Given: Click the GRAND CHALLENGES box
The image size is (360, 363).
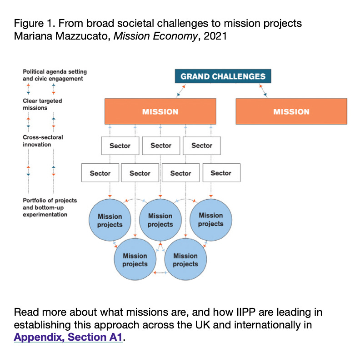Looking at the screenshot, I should pyautogui.click(x=223, y=76).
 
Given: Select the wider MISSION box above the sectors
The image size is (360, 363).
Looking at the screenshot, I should pyautogui.click(x=160, y=111).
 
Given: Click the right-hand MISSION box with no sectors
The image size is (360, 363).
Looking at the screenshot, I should pyautogui.click(x=291, y=111).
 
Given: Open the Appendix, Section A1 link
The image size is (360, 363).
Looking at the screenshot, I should pyautogui.click(x=69, y=338).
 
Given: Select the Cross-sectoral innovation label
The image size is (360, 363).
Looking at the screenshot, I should pyautogui.click(x=43, y=141).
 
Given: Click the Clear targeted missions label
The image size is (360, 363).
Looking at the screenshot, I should pyautogui.click(x=42, y=104).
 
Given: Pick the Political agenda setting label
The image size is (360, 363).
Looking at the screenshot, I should pyautogui.click(x=55, y=75).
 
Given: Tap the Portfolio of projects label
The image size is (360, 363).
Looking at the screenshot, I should pyautogui.click(x=50, y=207).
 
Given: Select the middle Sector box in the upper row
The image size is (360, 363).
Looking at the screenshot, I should pyautogui.click(x=160, y=146).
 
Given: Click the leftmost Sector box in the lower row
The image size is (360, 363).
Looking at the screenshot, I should pyautogui.click(x=100, y=173).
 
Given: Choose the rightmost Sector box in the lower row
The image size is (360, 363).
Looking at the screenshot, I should pyautogui.click(x=221, y=173).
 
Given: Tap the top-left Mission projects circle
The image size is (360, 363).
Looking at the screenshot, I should pyautogui.click(x=110, y=220).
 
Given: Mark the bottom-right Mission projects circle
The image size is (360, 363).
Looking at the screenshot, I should pyautogui.click(x=185, y=259).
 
